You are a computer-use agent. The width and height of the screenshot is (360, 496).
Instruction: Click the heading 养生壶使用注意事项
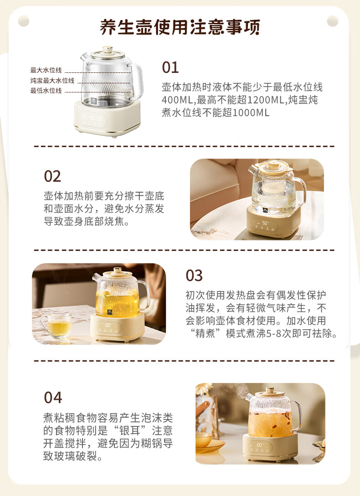tap(180, 27)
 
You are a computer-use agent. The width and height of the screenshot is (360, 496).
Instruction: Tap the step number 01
tap(170, 67)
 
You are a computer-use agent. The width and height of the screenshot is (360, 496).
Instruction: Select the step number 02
tap(52, 176)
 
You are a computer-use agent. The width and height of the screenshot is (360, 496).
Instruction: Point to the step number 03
tap(194, 276)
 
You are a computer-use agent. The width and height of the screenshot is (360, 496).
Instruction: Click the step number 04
tap(53, 397)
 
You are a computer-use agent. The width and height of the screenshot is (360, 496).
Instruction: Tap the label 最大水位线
tap(46, 70)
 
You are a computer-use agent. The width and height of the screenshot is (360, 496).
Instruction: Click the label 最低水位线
tap(46, 91)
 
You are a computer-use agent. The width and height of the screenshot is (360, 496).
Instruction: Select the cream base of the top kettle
tap(107, 119)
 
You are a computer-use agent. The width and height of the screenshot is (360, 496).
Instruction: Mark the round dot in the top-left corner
tap(24, 21)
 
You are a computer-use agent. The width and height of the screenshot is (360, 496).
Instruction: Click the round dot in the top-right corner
tap(333, 21)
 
